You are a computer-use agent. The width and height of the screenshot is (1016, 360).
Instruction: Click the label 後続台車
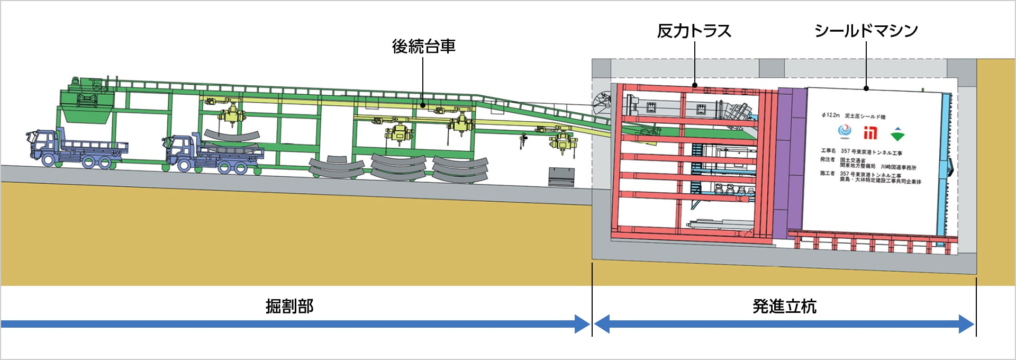(423, 47)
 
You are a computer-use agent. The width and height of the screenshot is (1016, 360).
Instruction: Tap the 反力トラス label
(694, 31)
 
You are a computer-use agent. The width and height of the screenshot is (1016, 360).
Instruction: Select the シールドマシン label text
(866, 31)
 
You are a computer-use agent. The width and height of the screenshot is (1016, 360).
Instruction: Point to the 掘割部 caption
(289, 306)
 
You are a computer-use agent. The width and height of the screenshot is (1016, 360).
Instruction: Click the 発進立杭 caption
(784, 306)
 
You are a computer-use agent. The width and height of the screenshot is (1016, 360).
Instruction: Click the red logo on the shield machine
(870, 132)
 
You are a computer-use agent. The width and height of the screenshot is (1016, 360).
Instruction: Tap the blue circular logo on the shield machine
(844, 130)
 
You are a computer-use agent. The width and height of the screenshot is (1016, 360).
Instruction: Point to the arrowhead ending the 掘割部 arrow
(583, 324)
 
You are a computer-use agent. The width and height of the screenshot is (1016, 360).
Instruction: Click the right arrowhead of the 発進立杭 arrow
(967, 324)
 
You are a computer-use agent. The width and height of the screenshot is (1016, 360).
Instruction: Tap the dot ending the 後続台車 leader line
(423, 105)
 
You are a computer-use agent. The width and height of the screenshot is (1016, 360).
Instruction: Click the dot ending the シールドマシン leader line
(866, 88)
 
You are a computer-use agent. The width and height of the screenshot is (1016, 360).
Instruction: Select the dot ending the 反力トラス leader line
(694, 85)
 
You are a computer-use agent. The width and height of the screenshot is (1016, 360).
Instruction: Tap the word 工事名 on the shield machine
(828, 151)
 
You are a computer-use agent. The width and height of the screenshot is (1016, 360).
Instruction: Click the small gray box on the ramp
(561, 176)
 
